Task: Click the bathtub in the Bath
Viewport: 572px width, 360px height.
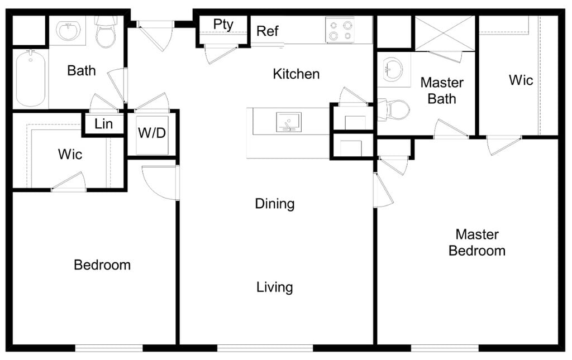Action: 31,78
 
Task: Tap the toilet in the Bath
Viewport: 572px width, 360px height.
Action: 106,32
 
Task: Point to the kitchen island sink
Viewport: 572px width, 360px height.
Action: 289,122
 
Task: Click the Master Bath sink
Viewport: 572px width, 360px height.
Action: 393,69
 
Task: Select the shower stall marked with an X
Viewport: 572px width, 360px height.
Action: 445,33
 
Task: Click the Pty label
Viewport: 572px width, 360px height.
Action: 223,25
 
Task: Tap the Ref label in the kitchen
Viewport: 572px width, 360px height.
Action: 267,31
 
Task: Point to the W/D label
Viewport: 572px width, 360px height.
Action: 151,134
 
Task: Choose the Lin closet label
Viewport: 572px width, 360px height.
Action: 103,124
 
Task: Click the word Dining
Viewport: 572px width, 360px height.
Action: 274,204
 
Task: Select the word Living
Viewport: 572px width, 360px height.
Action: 274,287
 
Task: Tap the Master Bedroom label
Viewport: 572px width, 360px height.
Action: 476,242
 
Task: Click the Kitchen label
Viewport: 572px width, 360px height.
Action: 296,74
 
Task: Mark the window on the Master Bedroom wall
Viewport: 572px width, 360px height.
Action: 445,348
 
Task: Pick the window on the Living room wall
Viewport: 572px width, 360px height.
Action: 265,348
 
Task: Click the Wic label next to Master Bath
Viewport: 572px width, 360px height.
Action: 521,80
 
